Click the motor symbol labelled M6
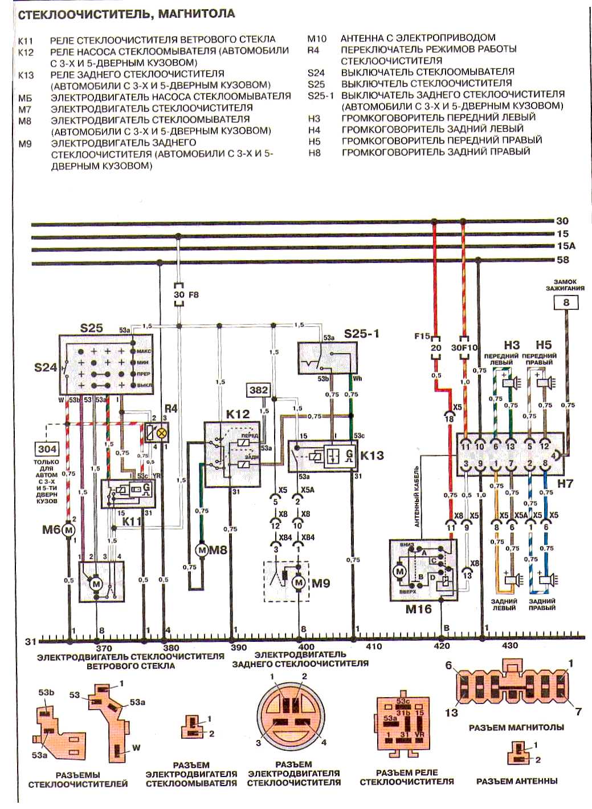click(69, 530)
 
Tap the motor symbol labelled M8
click(201, 550)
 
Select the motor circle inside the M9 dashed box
click(299, 583)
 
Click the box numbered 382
click(258, 390)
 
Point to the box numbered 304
click(47, 448)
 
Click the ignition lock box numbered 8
click(566, 302)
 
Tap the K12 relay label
click(238, 414)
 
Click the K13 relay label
click(371, 456)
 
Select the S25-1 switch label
click(361, 333)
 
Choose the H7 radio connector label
click(565, 483)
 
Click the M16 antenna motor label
click(418, 609)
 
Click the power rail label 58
click(562, 260)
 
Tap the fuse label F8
click(193, 295)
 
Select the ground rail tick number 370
click(104, 648)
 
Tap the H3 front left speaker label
click(512, 345)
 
